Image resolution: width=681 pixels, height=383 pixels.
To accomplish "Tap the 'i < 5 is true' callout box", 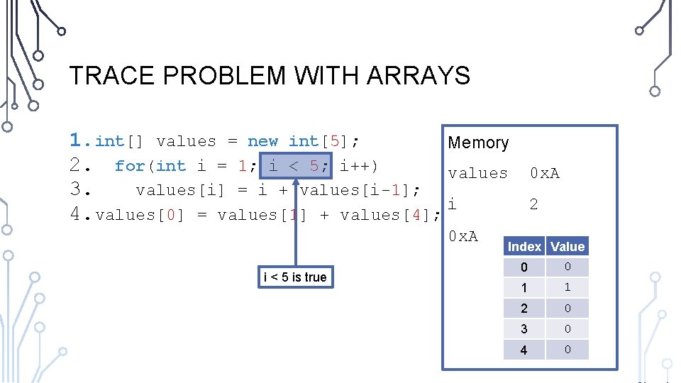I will (x=295, y=277).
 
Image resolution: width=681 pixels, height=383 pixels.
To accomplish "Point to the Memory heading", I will (x=478, y=143).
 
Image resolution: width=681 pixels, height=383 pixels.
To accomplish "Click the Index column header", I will (x=524, y=246).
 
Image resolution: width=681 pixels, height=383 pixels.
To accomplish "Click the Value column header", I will (x=567, y=246).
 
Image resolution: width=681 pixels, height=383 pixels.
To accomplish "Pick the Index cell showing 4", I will (x=524, y=350).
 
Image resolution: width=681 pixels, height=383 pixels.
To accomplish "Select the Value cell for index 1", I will (x=567, y=287).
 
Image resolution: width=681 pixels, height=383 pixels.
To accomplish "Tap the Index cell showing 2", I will (x=524, y=309).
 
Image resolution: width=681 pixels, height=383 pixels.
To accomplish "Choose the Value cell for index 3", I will (x=567, y=329).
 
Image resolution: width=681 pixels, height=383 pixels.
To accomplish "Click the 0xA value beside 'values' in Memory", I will (x=545, y=173).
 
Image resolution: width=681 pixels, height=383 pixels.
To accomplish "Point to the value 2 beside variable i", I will (x=533, y=204).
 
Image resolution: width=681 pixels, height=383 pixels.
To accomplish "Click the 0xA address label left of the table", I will (x=463, y=235).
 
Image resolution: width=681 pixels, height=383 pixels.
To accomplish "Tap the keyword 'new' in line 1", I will (x=263, y=142).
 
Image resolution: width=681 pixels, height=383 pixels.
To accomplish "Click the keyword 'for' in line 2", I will (x=130, y=166).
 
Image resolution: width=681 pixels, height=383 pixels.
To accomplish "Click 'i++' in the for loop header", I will (x=358, y=166).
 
